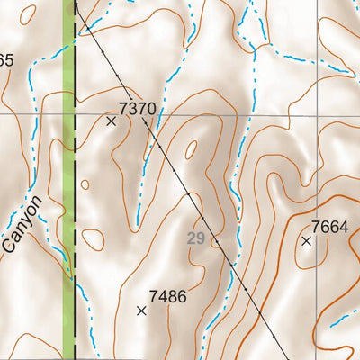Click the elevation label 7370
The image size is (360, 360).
tap(138, 109)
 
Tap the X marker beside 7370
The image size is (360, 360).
tap(112, 121)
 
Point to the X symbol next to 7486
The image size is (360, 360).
tap(141, 310)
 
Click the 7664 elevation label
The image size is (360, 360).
tap(329, 227)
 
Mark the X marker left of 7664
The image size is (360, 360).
tap(306, 241)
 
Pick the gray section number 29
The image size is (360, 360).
tap(196, 238)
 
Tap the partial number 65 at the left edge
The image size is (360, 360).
tap(5, 61)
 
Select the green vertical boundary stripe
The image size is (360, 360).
tap(68, 180)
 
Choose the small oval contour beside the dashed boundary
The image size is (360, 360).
tap(85, 184)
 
